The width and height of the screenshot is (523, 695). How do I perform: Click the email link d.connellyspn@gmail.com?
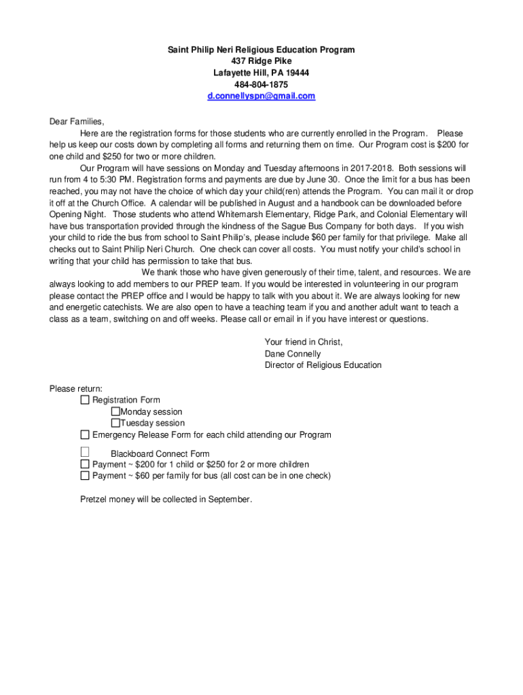[261, 96]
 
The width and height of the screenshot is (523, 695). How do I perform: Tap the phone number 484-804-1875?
[261, 85]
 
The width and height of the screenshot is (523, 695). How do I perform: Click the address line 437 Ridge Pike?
[261, 62]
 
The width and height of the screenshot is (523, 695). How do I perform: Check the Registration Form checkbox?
[85, 400]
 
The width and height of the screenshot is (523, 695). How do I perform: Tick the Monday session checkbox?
[115, 412]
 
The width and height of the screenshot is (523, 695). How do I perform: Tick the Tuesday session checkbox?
[115, 424]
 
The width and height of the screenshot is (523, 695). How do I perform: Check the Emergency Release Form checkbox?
[85, 435]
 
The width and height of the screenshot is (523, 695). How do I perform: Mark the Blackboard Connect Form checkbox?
[85, 452]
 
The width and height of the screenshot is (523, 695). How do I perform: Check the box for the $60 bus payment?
[85, 476]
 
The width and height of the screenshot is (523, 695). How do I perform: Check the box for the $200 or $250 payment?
[85, 464]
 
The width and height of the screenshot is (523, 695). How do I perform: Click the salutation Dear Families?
[77, 122]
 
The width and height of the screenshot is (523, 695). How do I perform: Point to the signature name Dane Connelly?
[293, 354]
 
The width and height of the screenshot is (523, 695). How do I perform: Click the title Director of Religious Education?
[323, 366]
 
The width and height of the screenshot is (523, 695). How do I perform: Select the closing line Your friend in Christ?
[304, 343]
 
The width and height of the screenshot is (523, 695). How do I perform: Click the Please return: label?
[76, 389]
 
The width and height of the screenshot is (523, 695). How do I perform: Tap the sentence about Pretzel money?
[166, 500]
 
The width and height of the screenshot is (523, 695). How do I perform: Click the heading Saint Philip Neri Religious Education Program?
[261, 50]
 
